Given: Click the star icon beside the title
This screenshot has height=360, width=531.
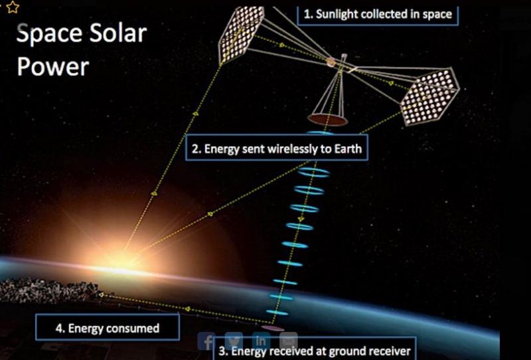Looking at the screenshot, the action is [x=13, y=7].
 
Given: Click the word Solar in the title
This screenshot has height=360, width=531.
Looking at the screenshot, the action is [x=118, y=34].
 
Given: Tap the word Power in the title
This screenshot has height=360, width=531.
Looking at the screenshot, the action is [x=53, y=67].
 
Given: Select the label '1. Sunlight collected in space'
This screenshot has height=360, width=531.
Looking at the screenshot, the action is [x=378, y=15].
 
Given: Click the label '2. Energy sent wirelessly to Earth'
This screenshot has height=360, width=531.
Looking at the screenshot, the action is [x=277, y=149].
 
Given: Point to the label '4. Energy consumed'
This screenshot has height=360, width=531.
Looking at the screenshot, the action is [x=108, y=327].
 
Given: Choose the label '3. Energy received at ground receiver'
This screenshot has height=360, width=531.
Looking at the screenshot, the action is [x=315, y=349].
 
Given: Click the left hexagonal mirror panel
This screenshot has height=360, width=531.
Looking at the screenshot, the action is [x=241, y=35].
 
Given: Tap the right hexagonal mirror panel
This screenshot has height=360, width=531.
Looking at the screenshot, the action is [x=429, y=96].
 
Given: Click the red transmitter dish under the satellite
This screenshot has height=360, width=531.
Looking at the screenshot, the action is [x=327, y=120].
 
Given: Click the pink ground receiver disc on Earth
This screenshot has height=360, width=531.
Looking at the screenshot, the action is [x=272, y=327].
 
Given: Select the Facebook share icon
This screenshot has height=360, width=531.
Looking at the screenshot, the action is [x=206, y=341].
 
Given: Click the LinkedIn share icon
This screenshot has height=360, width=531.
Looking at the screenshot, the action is [x=261, y=340].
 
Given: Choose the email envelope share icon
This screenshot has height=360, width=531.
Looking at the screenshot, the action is [x=289, y=340].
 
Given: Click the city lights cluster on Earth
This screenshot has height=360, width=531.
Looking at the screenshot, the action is [x=47, y=290].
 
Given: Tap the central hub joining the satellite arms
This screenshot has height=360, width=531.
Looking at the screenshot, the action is [x=331, y=62].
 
